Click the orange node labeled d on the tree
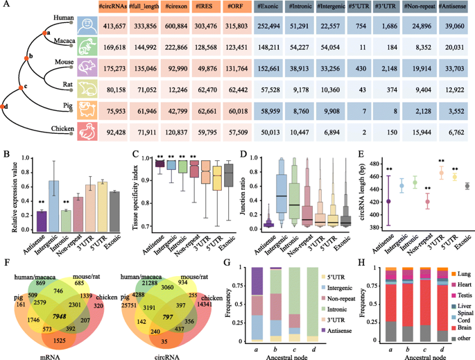pyautogui.click(x=6, y=107)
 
